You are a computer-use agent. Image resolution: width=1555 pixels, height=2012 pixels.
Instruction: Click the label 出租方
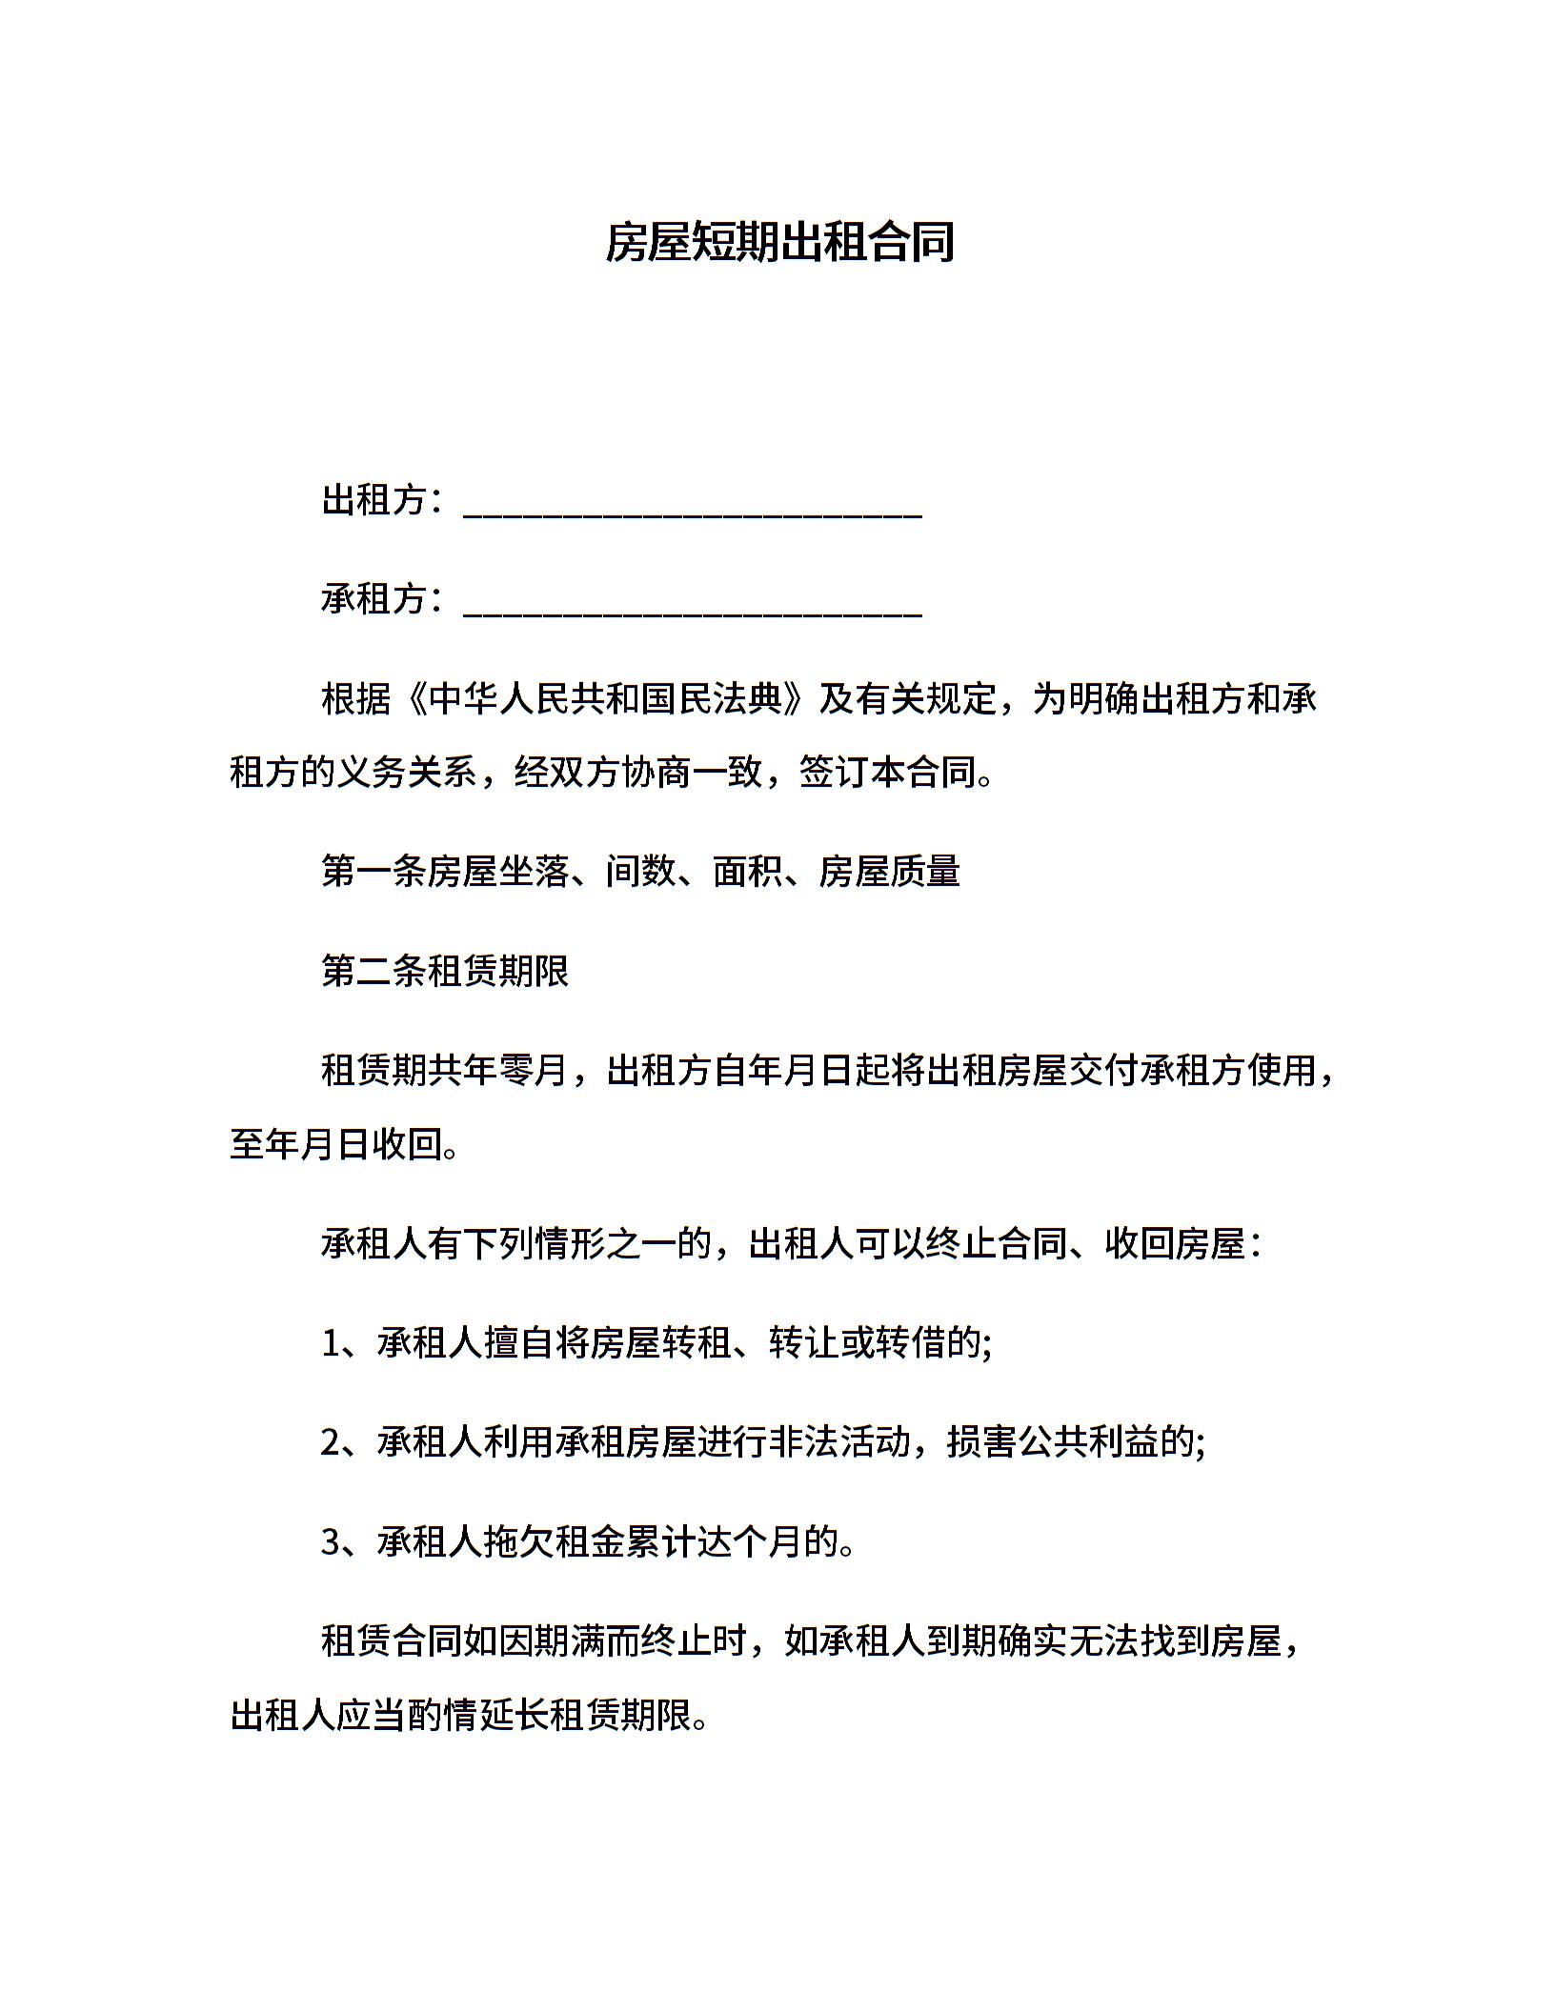pyautogui.click(x=373, y=499)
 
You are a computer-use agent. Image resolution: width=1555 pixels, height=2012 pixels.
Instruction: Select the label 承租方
pyautogui.click(x=373, y=598)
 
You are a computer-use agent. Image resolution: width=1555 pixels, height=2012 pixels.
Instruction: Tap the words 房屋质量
pyautogui.click(x=888, y=871)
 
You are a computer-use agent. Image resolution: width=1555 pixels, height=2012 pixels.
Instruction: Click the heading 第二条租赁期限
pyautogui.click(x=444, y=971)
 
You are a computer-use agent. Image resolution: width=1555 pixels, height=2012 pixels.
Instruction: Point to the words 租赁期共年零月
pyautogui.click(x=444, y=1070)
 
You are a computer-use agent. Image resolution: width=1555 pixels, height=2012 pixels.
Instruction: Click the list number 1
pyautogui.click(x=331, y=1343)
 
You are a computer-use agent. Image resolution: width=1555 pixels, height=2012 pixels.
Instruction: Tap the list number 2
pyautogui.click(x=331, y=1442)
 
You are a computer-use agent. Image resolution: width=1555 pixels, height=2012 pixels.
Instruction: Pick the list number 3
pyautogui.click(x=331, y=1541)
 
